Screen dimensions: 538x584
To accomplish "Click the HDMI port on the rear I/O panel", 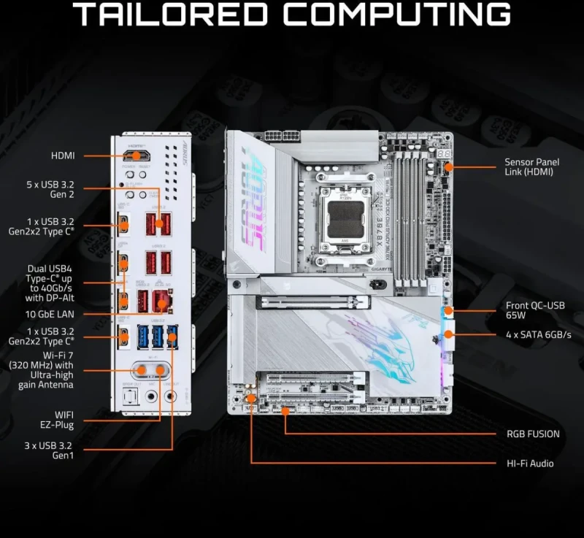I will click(x=135, y=155).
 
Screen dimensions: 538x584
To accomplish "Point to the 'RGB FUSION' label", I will click(x=533, y=434).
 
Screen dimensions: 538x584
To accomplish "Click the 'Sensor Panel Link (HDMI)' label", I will click(x=529, y=167).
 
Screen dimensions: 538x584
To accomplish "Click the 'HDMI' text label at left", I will click(x=63, y=155).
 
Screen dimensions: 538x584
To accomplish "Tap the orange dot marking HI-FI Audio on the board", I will click(x=250, y=399).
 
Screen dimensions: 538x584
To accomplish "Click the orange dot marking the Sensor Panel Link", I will click(x=449, y=167).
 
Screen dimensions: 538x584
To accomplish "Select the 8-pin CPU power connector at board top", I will click(x=283, y=136).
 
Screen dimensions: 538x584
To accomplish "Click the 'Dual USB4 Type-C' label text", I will click(x=66, y=283).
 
